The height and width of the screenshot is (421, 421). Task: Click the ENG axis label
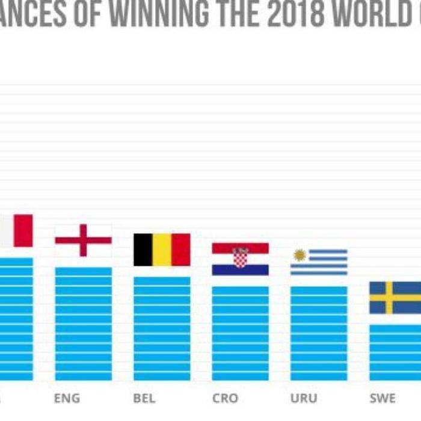tap(66, 398)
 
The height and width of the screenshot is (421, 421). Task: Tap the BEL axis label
tap(144, 398)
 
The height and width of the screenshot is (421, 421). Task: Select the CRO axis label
tap(225, 398)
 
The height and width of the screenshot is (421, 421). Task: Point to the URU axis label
tap(304, 398)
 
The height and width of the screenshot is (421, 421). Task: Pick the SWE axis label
tap(383, 398)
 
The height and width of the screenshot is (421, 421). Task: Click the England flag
tap(83, 240)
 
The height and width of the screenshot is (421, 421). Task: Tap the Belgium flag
tap(162, 250)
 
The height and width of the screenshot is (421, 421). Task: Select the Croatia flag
tap(240, 259)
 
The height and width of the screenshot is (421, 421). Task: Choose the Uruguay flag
tap(319, 262)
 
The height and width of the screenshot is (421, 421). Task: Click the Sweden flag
tap(395, 298)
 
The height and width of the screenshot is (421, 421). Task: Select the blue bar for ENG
tap(83, 324)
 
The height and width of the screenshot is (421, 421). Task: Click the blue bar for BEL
tap(162, 328)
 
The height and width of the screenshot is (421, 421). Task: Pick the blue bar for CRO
tap(240, 333)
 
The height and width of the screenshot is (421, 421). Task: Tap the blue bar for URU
tap(319, 333)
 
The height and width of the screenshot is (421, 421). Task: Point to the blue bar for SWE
tap(395, 352)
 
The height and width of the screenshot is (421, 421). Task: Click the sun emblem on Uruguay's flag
tap(300, 255)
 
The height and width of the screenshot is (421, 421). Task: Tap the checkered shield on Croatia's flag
tap(241, 257)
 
